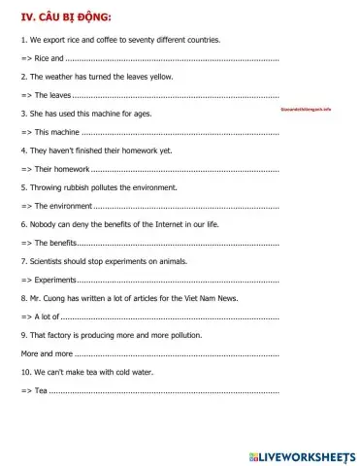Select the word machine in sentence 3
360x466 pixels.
105,114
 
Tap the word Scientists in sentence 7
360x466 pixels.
46,261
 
